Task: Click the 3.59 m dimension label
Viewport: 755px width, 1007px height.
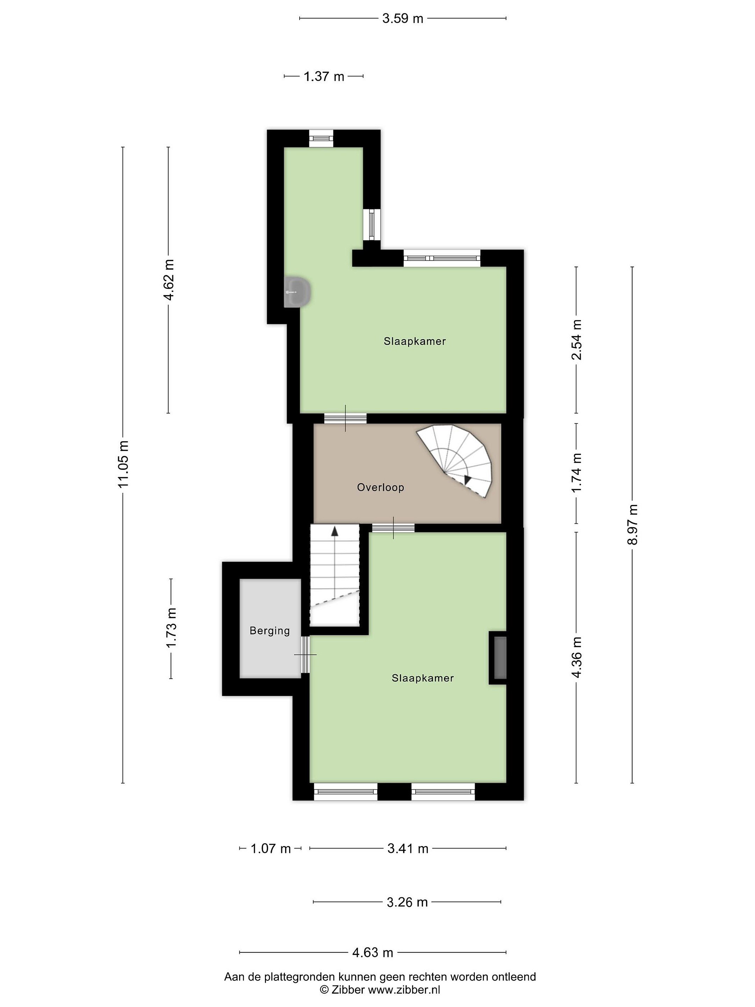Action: [x=402, y=19]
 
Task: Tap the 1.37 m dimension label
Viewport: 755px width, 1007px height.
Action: [x=324, y=77]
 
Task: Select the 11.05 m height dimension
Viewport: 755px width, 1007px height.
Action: [x=123, y=464]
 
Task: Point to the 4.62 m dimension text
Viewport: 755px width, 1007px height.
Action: [x=169, y=279]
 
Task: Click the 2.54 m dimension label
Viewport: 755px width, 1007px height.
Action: [x=577, y=340]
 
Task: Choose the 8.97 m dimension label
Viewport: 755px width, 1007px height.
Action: [x=633, y=524]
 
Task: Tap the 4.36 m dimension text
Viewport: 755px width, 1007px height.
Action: [x=577, y=657]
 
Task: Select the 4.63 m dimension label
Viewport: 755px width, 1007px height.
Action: [x=372, y=952]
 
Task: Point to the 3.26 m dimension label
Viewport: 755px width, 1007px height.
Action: [x=407, y=902]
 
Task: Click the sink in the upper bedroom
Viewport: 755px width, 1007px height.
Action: [x=298, y=292]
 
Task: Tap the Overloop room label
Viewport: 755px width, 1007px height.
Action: [x=380, y=487]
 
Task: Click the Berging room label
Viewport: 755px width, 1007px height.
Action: [x=270, y=631]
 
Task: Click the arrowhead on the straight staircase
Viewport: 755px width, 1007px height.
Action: [x=335, y=530]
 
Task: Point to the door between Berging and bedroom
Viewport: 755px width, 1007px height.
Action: [x=305, y=654]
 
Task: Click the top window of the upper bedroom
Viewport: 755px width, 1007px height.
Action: [x=321, y=138]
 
